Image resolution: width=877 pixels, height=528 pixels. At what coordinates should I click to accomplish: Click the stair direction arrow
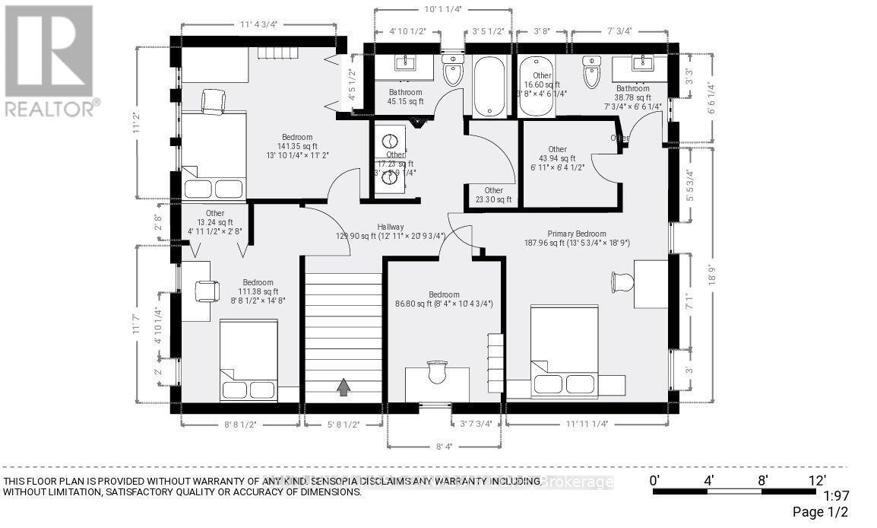point(344,387)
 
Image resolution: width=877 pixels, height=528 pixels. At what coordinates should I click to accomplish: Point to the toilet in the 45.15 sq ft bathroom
point(452,72)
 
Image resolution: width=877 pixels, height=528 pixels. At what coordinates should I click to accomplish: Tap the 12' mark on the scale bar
point(817,480)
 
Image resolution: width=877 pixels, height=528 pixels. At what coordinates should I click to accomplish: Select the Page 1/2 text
point(822,512)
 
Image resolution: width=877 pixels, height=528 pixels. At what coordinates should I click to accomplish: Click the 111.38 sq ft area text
point(258,291)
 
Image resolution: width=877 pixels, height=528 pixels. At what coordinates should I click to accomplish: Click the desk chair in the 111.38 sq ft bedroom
point(207,291)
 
